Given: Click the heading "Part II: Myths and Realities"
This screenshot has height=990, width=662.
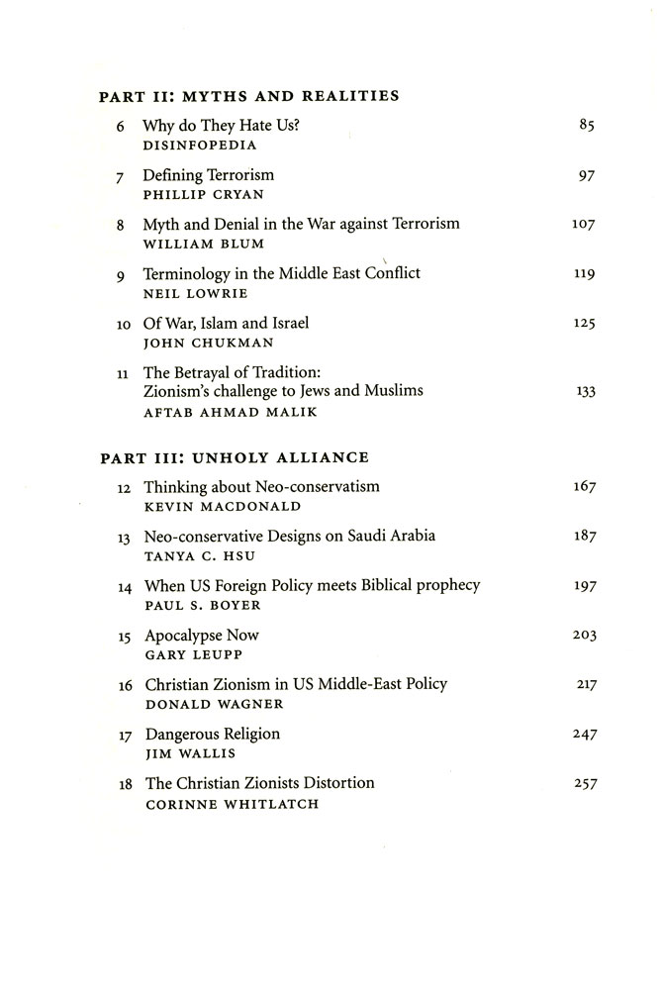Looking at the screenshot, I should (250, 96).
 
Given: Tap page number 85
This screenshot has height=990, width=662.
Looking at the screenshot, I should (584, 126).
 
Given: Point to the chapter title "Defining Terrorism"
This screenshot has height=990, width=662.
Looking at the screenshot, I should (208, 175).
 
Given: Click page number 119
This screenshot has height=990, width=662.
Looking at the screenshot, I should (583, 273).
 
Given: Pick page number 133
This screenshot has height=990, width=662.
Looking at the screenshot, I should (584, 391).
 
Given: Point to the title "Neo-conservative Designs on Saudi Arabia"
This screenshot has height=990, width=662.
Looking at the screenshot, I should (290, 536).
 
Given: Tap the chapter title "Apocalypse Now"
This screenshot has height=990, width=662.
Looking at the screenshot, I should (202, 635).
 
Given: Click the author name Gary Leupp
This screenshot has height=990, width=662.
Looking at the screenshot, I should (187, 654).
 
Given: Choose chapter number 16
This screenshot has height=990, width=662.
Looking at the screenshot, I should (125, 685).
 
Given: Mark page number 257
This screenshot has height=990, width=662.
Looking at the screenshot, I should (583, 784).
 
